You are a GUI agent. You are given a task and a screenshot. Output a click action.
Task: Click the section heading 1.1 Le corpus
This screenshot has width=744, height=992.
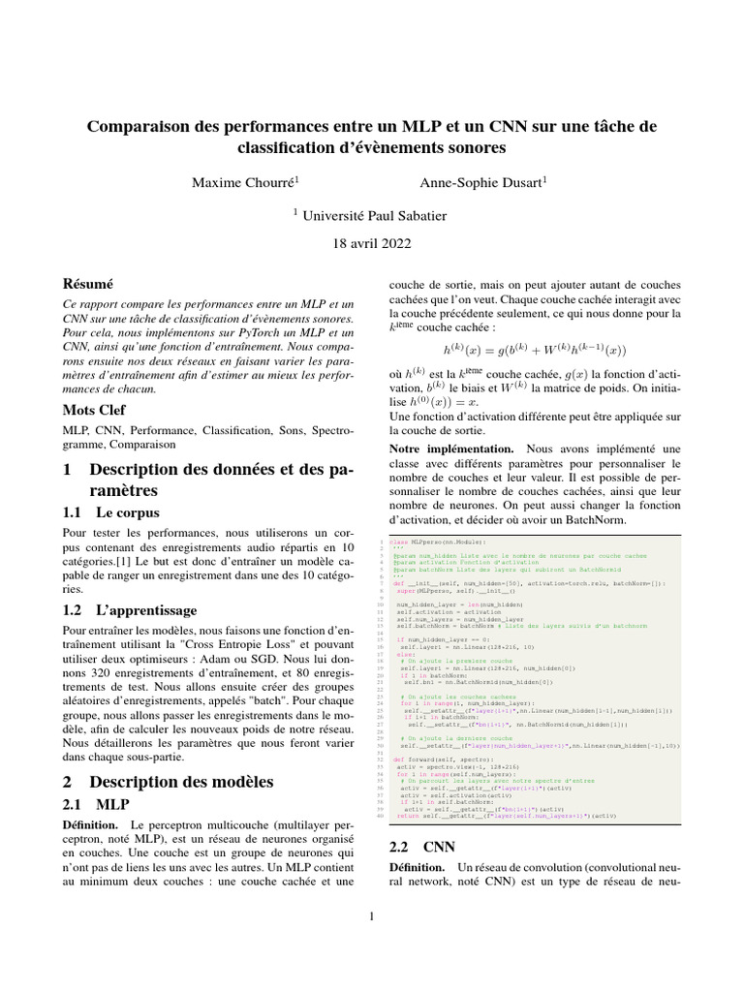(x=110, y=511)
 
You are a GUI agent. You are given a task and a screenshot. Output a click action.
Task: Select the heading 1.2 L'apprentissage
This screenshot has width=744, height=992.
(x=129, y=610)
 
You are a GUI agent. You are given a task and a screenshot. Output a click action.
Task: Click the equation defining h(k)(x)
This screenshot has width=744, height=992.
(x=536, y=350)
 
